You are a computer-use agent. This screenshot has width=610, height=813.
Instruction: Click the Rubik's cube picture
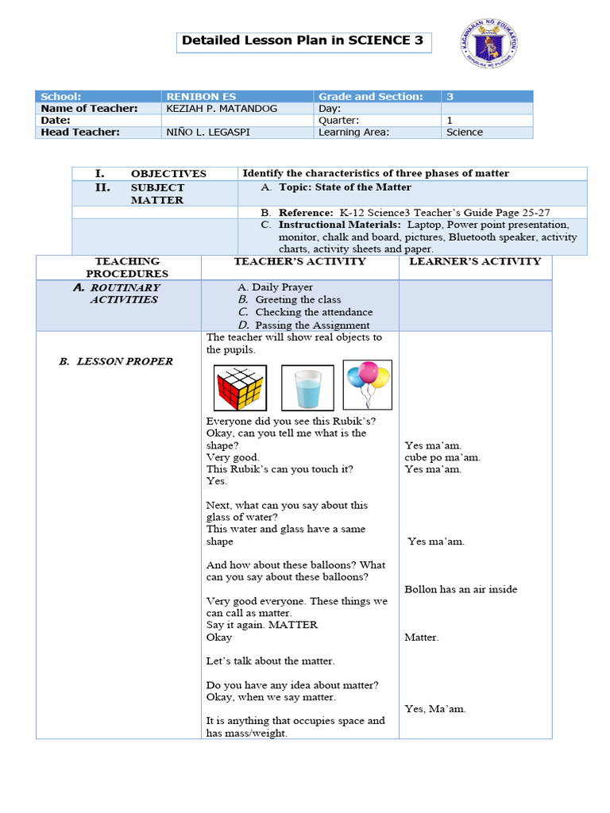click(x=240, y=387)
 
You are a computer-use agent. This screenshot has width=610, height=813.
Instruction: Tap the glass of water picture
click(x=307, y=387)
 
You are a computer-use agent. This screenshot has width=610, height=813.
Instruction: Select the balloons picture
click(x=367, y=384)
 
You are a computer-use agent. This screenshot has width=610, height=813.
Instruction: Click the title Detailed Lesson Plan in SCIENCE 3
click(x=303, y=40)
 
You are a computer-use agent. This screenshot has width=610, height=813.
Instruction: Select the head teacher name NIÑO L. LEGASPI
click(x=208, y=132)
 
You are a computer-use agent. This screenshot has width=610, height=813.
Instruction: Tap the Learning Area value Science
click(x=464, y=132)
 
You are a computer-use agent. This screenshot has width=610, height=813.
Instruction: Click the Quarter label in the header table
click(x=338, y=120)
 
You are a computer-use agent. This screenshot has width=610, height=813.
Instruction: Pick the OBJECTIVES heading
click(x=168, y=173)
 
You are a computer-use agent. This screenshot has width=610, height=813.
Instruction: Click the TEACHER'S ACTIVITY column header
click(x=299, y=261)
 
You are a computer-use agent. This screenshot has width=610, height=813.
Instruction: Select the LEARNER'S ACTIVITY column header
click(x=475, y=261)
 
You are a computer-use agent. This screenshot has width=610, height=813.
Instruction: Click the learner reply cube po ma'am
click(x=442, y=457)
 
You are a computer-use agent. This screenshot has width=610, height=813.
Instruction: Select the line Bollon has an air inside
click(x=461, y=589)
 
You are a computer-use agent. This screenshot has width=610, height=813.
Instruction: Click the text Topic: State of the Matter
click(x=345, y=187)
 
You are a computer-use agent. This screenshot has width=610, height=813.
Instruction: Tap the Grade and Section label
click(x=370, y=96)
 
